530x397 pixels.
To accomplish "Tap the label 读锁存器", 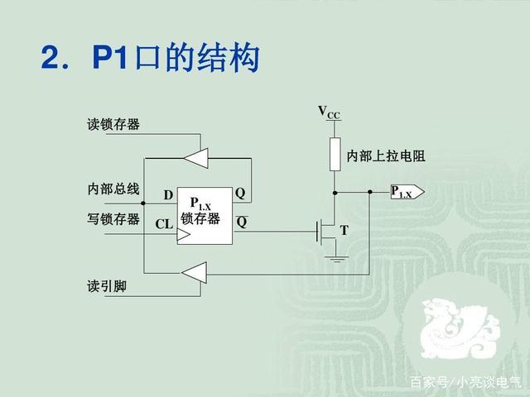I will pos(113,125).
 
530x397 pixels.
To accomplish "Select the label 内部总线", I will pos(113,189).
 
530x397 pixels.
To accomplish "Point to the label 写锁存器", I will pos(113,220).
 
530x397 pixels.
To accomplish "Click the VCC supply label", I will pos(329,112).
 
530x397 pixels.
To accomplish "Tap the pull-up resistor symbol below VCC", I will pos(335,153).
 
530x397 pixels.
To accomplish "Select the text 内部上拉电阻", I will pos(380,155).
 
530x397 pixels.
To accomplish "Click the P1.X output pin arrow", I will pos(407,193).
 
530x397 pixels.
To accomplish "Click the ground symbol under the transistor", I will pos(335,259).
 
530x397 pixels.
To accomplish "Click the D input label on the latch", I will pos(168,195).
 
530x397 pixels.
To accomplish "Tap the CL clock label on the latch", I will pos(164,224).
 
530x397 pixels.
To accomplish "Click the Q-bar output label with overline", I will pos(241,221).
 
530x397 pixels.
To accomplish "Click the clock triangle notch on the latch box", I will pos(184,235).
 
